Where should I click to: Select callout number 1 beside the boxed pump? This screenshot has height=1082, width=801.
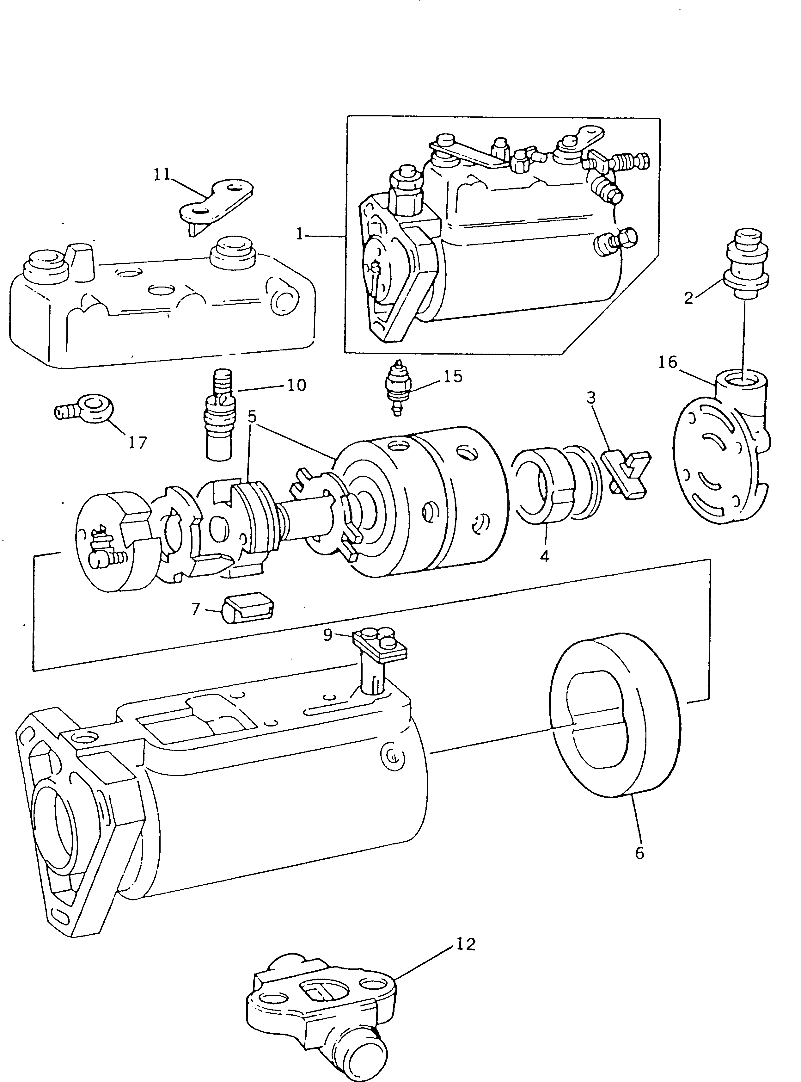[x=300, y=234]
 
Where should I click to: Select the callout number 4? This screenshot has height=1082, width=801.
[x=545, y=557]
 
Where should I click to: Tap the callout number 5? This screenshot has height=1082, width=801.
[x=252, y=416]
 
